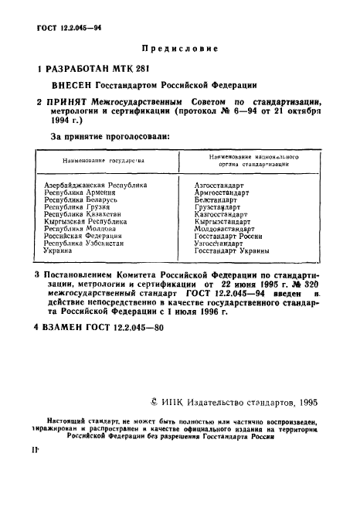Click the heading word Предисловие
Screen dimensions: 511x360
point(179,48)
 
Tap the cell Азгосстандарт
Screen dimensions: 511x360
point(219,186)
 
